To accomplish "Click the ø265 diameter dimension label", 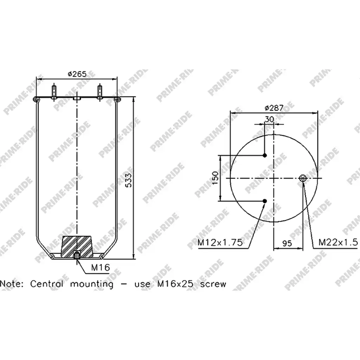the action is pyautogui.click(x=77, y=74).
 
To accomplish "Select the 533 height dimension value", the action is pyautogui.click(x=129, y=180).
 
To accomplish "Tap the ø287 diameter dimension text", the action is pyautogui.click(x=274, y=108).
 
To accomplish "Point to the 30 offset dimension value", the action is pyautogui.click(x=270, y=119).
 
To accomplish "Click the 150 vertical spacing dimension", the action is pyautogui.click(x=215, y=178).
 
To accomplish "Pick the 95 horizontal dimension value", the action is pyautogui.click(x=287, y=243).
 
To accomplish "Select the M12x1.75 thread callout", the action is pyautogui.click(x=220, y=242).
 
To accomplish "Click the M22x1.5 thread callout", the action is pyautogui.click(x=338, y=242).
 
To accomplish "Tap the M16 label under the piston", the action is pyautogui.click(x=100, y=267).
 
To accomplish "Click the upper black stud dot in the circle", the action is pyautogui.click(x=265, y=155).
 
